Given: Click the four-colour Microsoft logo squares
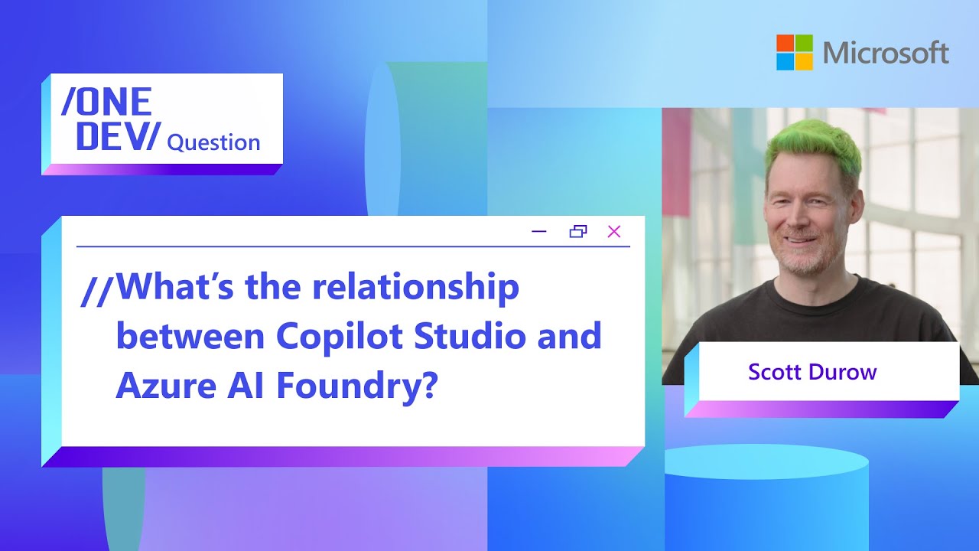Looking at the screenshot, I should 795,52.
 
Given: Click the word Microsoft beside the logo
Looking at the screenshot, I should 886,53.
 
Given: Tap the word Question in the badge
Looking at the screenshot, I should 213,142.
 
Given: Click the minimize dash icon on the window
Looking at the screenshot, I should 539,232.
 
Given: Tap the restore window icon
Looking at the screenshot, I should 578,232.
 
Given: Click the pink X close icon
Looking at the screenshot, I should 613,232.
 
